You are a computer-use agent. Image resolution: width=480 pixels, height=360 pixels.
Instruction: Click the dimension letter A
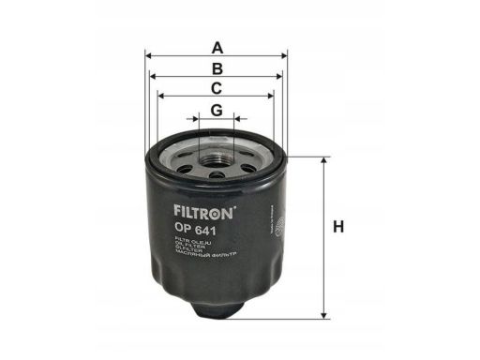tap(217, 46)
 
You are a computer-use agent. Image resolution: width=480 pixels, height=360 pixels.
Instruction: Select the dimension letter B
tap(217, 68)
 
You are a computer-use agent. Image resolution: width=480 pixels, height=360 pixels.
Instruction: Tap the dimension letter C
tap(216, 89)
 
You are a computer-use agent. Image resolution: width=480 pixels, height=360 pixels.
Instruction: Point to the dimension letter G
tap(217, 111)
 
